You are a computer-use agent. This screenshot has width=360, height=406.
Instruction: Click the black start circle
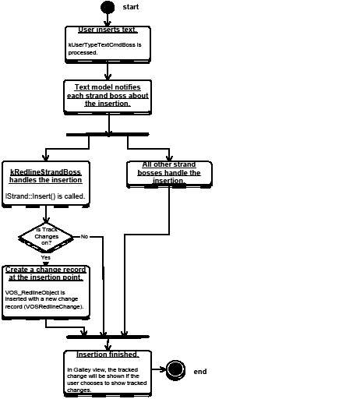pos(108,7)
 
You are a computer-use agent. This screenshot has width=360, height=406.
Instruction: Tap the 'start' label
pos(131,7)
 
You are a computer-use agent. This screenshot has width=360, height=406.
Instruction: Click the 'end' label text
pos(200,372)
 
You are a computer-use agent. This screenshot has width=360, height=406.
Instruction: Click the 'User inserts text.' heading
pos(108,30)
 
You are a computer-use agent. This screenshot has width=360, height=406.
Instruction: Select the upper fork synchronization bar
pos(108,134)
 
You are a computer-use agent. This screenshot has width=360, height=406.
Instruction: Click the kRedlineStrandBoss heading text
pos(45,175)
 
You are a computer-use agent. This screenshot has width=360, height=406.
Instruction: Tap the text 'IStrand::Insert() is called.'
pos(45,196)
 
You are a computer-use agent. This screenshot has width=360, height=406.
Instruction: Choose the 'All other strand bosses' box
pos(168,173)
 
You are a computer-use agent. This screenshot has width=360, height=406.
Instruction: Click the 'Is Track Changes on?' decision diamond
pos(45,236)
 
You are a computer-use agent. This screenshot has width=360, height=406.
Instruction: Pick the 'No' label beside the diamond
pos(84,236)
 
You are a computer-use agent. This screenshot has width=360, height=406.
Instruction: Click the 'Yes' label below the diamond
pos(45,256)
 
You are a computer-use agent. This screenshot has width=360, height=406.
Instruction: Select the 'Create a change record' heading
pos(45,273)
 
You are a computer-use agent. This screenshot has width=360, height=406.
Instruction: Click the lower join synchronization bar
pos(108,336)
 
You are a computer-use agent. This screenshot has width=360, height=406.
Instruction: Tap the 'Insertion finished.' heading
pos(108,355)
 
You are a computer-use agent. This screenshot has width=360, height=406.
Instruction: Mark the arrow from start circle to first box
pos(108,19)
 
